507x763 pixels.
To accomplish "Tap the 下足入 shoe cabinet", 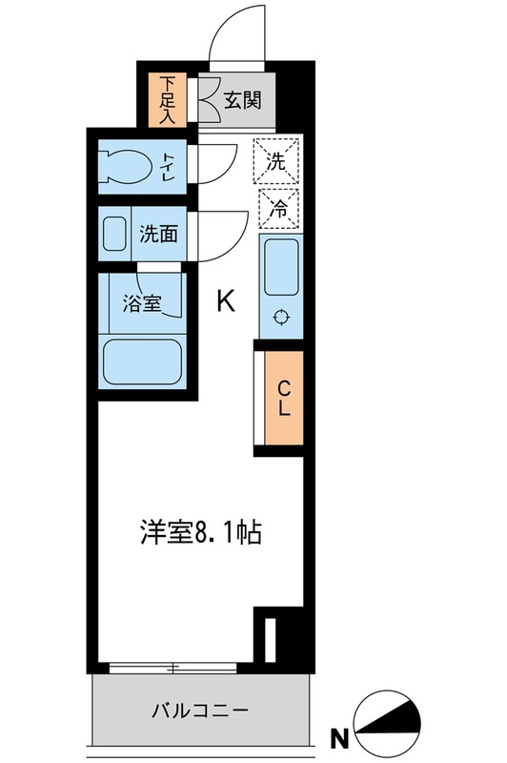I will [x=169, y=99].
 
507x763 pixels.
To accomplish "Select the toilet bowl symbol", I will [x=129, y=168].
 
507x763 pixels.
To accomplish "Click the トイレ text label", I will [x=168, y=166].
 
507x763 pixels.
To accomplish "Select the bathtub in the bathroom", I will [x=143, y=361].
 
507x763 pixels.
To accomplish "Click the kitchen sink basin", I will [x=280, y=266].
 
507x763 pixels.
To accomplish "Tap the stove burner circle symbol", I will [x=280, y=318].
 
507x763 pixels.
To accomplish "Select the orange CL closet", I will [x=282, y=399].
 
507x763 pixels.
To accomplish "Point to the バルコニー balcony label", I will [x=201, y=711].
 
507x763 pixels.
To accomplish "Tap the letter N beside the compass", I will [x=337, y=737].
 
